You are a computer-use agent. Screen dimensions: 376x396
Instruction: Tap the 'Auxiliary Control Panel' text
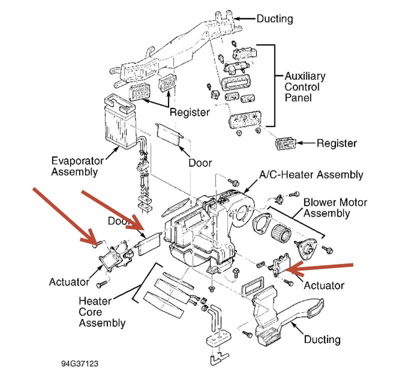[x=304, y=86]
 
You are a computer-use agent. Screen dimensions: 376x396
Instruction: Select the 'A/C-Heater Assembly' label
[x=310, y=175]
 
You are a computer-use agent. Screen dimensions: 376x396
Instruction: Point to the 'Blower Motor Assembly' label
[x=335, y=208]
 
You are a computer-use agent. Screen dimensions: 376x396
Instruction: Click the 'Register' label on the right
[x=336, y=143]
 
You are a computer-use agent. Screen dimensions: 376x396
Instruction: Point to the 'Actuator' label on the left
[x=69, y=281]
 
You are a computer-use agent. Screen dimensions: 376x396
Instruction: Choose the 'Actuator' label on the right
[x=324, y=285]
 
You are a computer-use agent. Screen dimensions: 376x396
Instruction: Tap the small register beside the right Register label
[x=286, y=143]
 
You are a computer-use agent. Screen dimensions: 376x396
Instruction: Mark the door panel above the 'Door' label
[x=168, y=132]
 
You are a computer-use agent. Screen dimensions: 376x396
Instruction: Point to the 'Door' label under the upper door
[x=200, y=163]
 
